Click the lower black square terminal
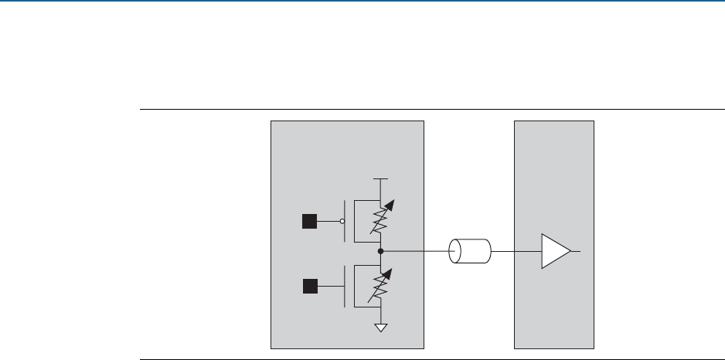pyautogui.click(x=309, y=287)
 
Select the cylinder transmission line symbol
pyautogui.click(x=471, y=252)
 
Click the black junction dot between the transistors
pyautogui.click(x=380, y=251)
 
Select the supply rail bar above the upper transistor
pyautogui.click(x=380, y=178)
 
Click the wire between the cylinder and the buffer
pyautogui.click(x=516, y=252)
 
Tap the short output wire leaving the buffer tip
pyautogui.click(x=577, y=252)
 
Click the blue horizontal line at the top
pyautogui.click(x=362, y=2)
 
